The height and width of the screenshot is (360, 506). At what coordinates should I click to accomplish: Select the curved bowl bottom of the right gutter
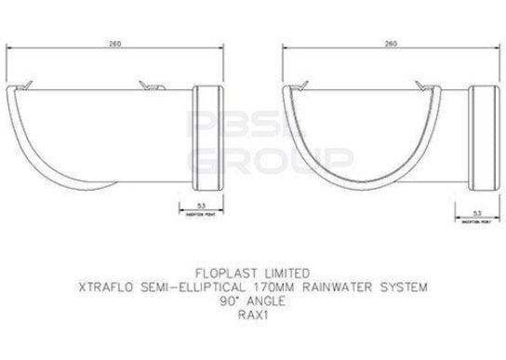pyautogui.click(x=372, y=177)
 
